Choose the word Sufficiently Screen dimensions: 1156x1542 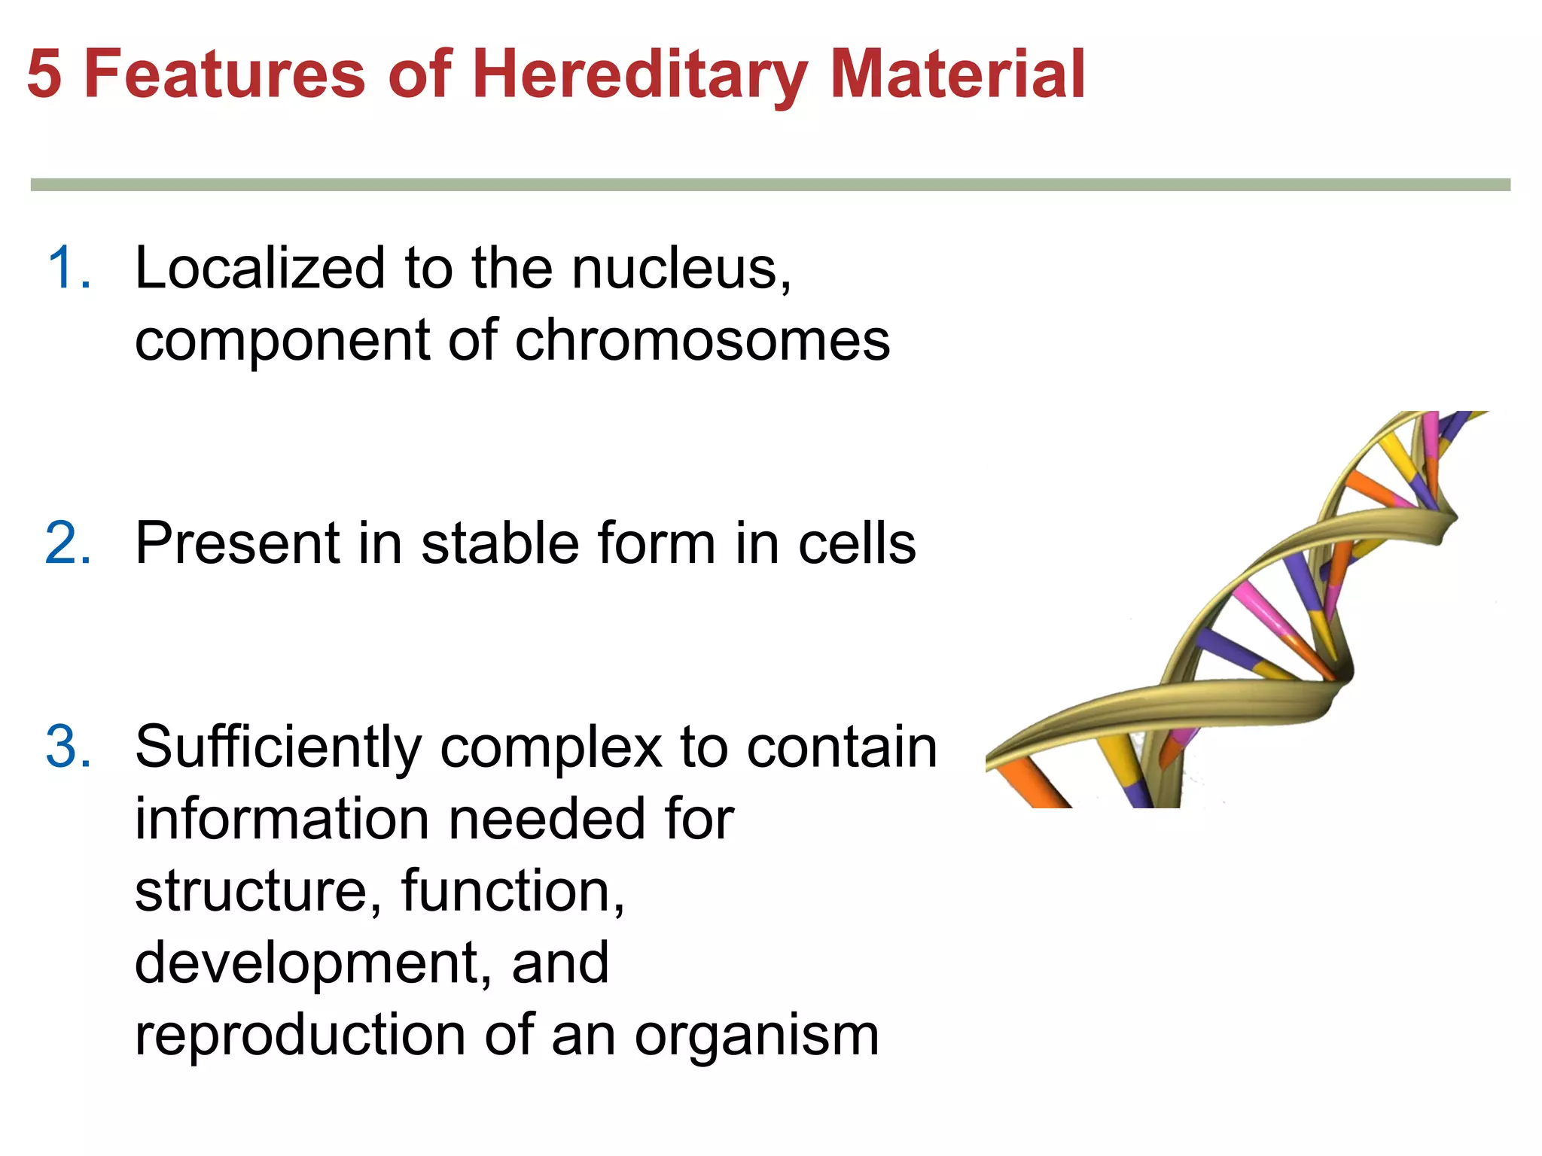click(x=279, y=747)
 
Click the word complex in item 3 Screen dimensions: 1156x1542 click(x=550, y=747)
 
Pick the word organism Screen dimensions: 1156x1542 click(x=756, y=1036)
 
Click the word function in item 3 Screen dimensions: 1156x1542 click(x=512, y=890)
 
